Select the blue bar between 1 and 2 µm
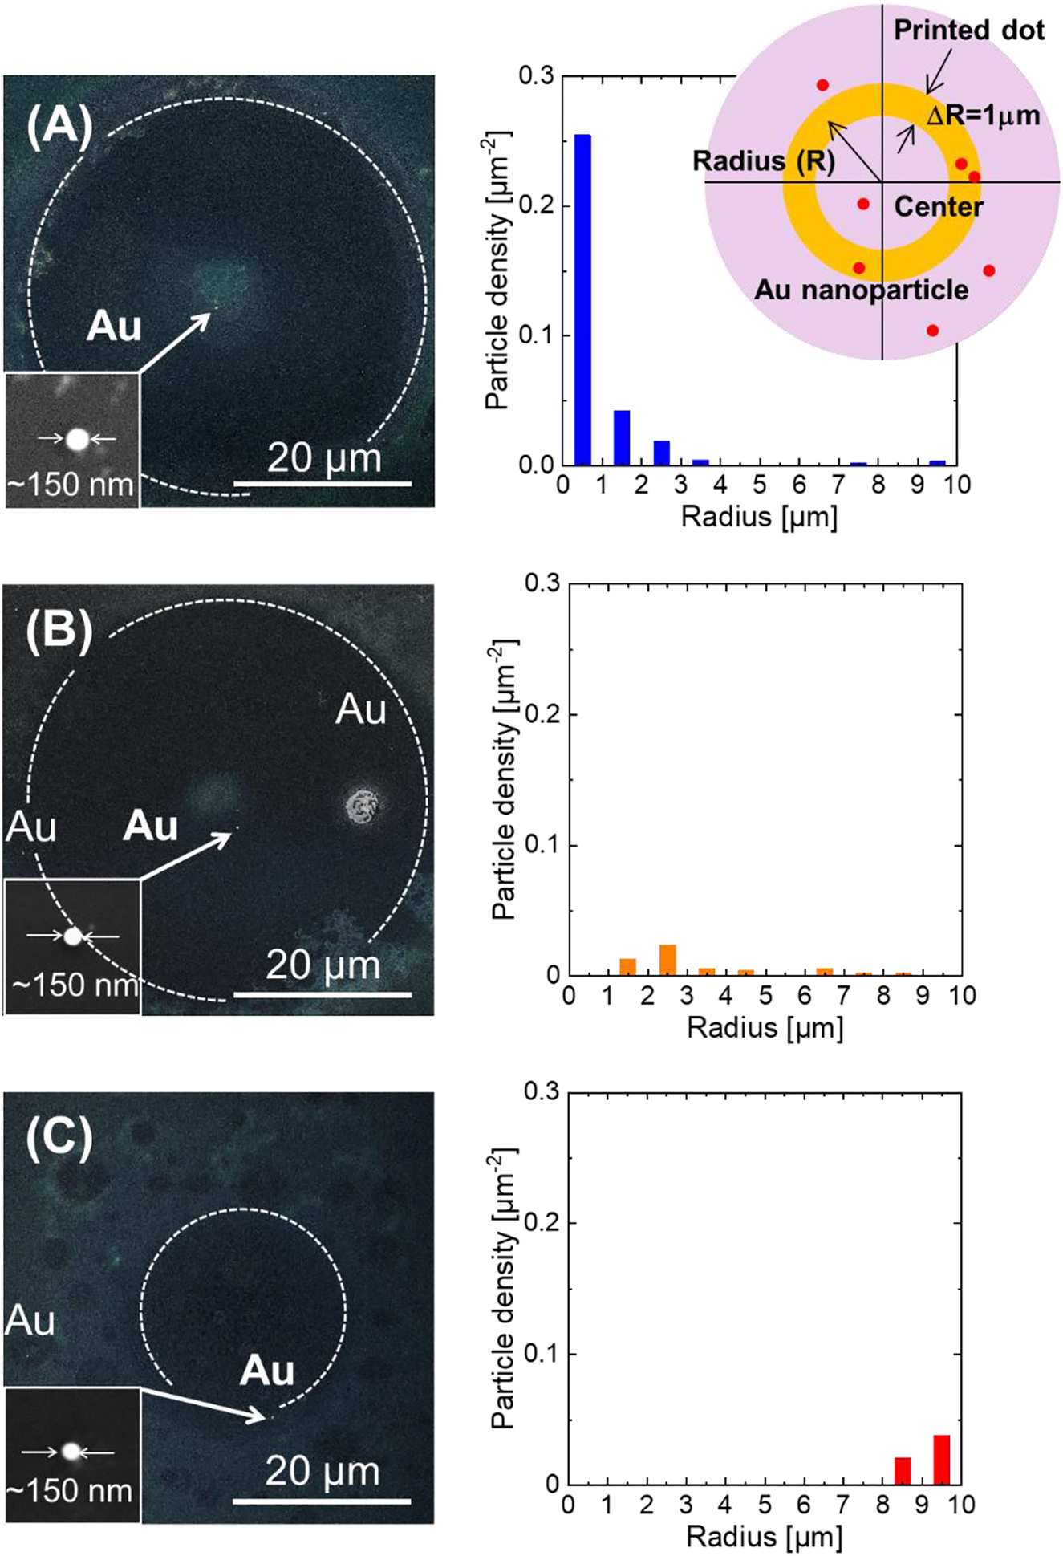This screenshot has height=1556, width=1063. click(622, 437)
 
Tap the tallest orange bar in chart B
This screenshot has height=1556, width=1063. click(667, 960)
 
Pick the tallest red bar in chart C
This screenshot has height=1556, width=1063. click(942, 1459)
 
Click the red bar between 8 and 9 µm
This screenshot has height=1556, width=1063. click(903, 1470)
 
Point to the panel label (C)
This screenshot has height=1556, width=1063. click(59, 1138)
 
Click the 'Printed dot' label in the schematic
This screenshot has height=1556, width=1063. click(969, 30)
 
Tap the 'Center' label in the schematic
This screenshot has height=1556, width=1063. click(938, 207)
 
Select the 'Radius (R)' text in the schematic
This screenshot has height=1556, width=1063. click(763, 161)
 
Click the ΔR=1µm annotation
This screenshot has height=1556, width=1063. click(983, 116)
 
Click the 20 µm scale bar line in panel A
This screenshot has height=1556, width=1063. click(323, 484)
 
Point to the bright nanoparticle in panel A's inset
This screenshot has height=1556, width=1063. click(78, 439)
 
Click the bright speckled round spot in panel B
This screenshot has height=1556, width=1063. click(365, 805)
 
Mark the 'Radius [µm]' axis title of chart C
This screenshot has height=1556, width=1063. click(765, 1537)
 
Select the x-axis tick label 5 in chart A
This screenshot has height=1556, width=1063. click(760, 485)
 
